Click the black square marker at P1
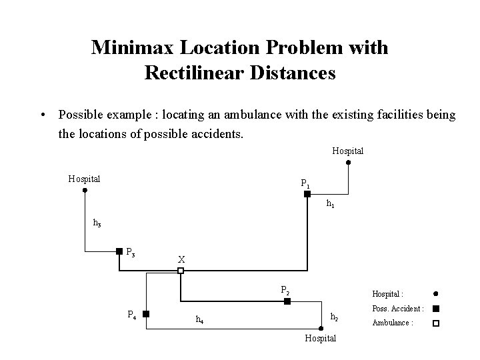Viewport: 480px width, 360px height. [x=307, y=194]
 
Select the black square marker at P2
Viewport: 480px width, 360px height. [x=287, y=301]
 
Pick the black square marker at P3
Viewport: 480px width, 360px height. [x=119, y=251]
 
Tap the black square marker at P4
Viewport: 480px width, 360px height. [x=145, y=313]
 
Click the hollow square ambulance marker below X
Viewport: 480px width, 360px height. [x=180, y=270]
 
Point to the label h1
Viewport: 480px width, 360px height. [x=330, y=205]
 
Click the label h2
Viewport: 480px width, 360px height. [x=335, y=317]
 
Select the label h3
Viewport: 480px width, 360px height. [x=97, y=223]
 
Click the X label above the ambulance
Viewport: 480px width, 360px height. [x=181, y=259]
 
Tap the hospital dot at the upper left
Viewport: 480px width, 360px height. [x=85, y=190]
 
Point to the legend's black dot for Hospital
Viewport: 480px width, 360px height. [x=435, y=293]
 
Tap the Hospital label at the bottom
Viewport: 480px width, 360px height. [x=320, y=339]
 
